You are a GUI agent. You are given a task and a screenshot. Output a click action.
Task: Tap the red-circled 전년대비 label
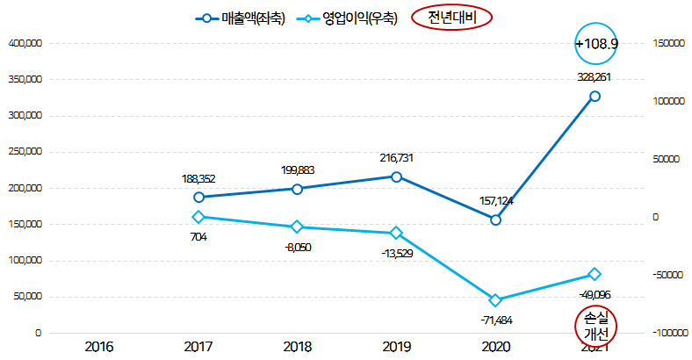(451, 17)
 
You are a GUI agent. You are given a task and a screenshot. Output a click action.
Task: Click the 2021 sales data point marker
(595, 97)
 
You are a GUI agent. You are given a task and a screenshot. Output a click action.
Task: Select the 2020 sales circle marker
(495, 220)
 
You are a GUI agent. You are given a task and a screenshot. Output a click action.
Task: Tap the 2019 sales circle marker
(396, 176)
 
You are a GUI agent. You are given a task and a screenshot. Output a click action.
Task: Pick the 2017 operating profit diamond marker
(198, 217)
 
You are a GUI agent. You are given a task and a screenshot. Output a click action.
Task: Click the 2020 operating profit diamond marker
(495, 300)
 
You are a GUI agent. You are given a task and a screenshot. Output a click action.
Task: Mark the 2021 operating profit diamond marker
(595, 274)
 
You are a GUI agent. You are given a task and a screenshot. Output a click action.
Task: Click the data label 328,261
(595, 77)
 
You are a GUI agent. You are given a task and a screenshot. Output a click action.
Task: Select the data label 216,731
(396, 158)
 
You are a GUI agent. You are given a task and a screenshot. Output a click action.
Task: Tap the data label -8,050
(297, 247)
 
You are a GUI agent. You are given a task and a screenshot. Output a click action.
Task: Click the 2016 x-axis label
(99, 347)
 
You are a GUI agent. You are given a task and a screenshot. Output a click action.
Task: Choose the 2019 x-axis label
(396, 347)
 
